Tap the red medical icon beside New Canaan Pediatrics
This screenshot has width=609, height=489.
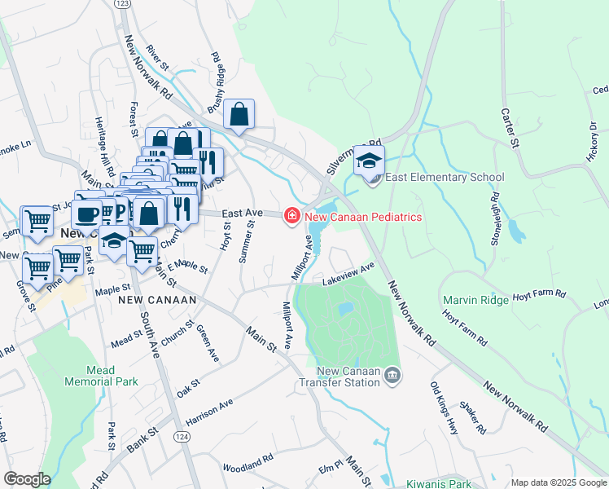tap(290, 217)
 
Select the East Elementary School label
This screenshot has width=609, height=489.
tap(444, 178)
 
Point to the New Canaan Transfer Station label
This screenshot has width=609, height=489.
tap(339, 376)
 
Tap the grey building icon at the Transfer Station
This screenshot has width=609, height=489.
tap(393, 375)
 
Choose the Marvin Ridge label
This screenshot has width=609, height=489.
tap(475, 300)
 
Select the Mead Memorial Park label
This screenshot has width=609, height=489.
tap(102, 376)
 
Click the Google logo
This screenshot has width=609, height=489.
tap(27, 479)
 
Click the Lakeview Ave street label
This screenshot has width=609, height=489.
tap(348, 274)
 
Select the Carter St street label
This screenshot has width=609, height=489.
tap(510, 128)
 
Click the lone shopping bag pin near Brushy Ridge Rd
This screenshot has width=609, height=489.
tap(239, 115)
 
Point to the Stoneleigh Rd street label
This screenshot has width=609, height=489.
tap(494, 212)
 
